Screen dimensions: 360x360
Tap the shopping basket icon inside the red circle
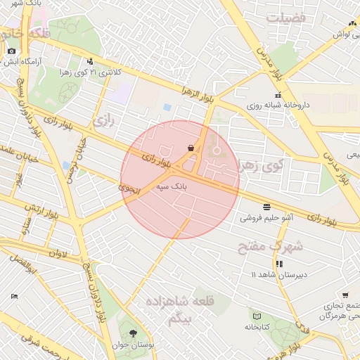(x=191, y=148)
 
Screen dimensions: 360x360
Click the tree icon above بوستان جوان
(x=134, y=333)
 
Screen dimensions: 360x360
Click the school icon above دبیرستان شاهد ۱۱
(x=280, y=264)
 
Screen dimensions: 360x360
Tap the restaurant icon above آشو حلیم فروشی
(x=266, y=207)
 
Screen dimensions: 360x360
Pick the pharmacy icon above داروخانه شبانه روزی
(x=278, y=95)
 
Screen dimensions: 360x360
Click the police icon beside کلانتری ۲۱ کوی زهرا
(x=90, y=61)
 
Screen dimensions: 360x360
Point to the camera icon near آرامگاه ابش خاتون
(x=11, y=51)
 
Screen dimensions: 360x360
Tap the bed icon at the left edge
(x=14, y=297)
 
